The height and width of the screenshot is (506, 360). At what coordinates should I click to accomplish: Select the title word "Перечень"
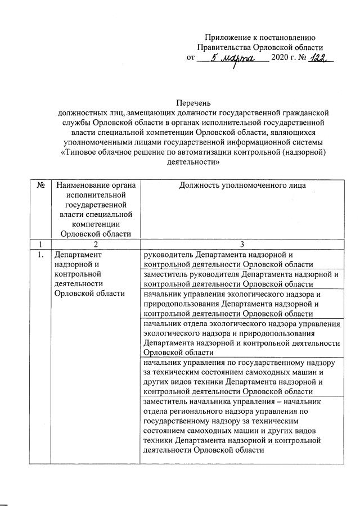coord(193,102)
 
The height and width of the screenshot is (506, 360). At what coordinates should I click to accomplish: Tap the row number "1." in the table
coord(40,255)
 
